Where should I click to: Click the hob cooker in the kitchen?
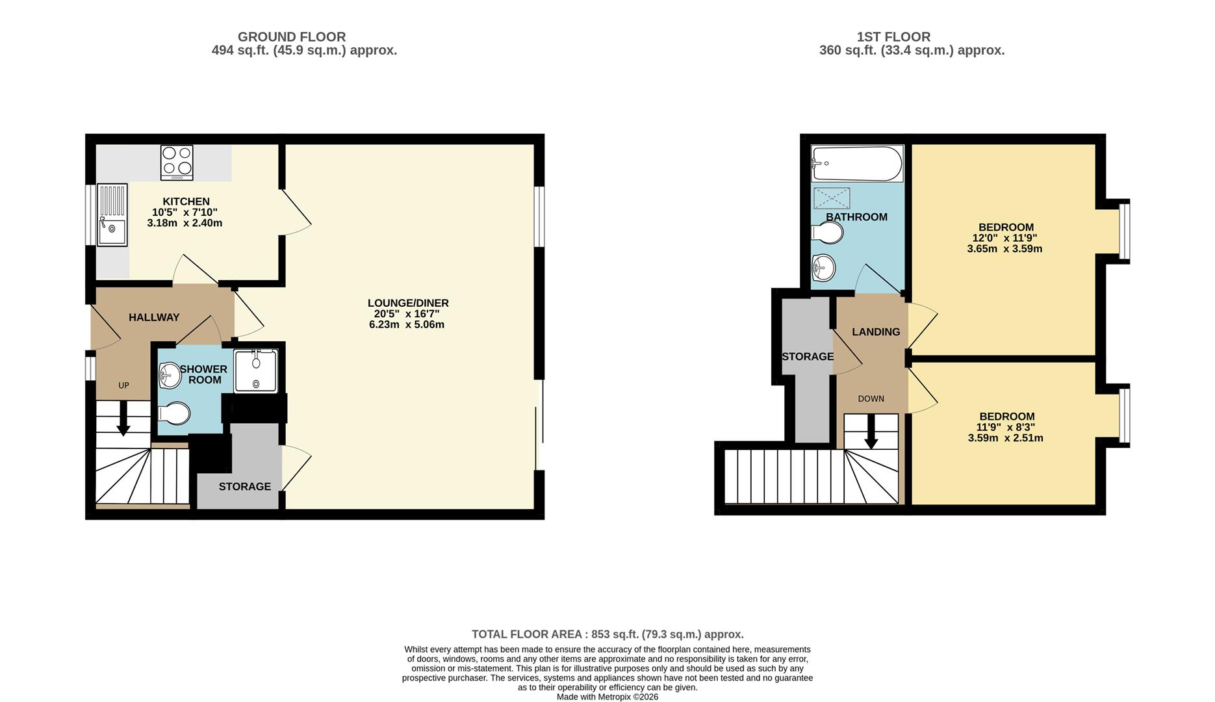point(177,162)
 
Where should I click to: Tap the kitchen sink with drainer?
point(112,215)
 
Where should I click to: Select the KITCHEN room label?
point(186,201)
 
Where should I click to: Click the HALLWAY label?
point(154,317)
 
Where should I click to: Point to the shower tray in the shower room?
point(256,371)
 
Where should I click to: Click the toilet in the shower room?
point(174,413)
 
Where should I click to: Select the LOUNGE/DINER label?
point(408,303)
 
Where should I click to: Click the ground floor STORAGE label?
point(244,486)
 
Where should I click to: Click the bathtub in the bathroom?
point(857,163)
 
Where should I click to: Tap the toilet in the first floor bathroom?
point(828,232)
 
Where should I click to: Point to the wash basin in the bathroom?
point(824,266)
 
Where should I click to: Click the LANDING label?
point(876,331)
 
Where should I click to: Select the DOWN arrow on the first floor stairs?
point(871,432)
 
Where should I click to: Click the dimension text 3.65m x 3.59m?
point(1004,249)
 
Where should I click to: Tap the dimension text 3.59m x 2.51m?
point(1005,438)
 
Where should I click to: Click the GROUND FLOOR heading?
point(291,37)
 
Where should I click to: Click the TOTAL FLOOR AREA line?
point(607,634)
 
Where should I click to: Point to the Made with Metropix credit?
point(607,697)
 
